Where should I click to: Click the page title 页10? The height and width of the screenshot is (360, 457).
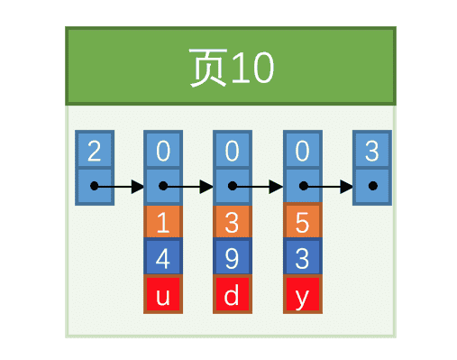pyautogui.click(x=232, y=68)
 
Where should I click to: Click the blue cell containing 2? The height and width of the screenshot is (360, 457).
pyautogui.click(x=95, y=150)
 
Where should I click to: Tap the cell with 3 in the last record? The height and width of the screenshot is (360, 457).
pyautogui.click(x=372, y=150)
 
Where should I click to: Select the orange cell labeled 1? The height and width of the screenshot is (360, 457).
pyautogui.click(x=163, y=222)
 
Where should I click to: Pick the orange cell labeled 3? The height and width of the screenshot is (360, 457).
pyautogui.click(x=233, y=222)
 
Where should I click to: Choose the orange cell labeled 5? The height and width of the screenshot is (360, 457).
pyautogui.click(x=303, y=222)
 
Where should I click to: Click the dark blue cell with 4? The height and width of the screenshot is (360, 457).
pyautogui.click(x=163, y=257)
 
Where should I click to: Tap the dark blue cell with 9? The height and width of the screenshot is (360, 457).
pyautogui.click(x=233, y=257)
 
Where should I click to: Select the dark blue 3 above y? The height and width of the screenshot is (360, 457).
pyautogui.click(x=303, y=257)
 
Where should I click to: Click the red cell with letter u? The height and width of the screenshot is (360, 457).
pyautogui.click(x=163, y=294)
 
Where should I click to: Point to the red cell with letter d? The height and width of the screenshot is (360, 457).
pyautogui.click(x=233, y=294)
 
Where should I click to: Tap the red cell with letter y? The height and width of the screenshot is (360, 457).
pyautogui.click(x=303, y=294)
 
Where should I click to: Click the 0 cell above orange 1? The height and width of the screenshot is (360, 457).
pyautogui.click(x=163, y=150)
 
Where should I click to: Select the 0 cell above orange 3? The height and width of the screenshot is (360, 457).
pyautogui.click(x=233, y=150)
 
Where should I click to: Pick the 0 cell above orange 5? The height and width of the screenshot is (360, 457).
pyautogui.click(x=303, y=150)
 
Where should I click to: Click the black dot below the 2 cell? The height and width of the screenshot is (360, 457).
pyautogui.click(x=94, y=186)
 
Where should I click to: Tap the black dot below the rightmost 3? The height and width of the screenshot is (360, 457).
pyautogui.click(x=373, y=186)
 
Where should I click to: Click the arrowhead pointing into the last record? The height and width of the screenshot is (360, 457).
pyautogui.click(x=346, y=187)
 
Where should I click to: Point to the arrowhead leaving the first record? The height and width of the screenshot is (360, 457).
pyautogui.click(x=138, y=187)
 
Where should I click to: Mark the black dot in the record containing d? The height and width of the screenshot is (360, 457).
pyautogui.click(x=233, y=186)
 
